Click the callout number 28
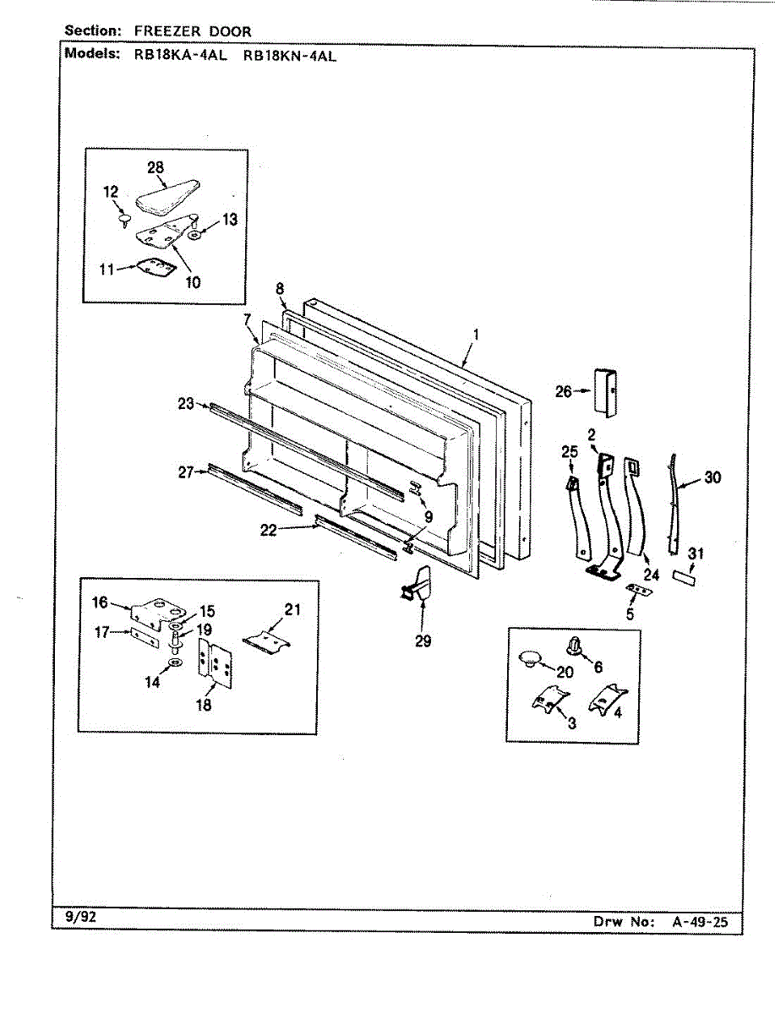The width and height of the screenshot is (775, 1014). click(156, 167)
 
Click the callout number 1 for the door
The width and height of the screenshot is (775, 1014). click(476, 335)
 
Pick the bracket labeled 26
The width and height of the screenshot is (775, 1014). click(607, 391)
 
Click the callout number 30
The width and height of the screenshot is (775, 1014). click(712, 477)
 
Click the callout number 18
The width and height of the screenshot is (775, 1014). click(204, 705)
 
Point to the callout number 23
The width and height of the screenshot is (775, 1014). click(187, 404)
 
